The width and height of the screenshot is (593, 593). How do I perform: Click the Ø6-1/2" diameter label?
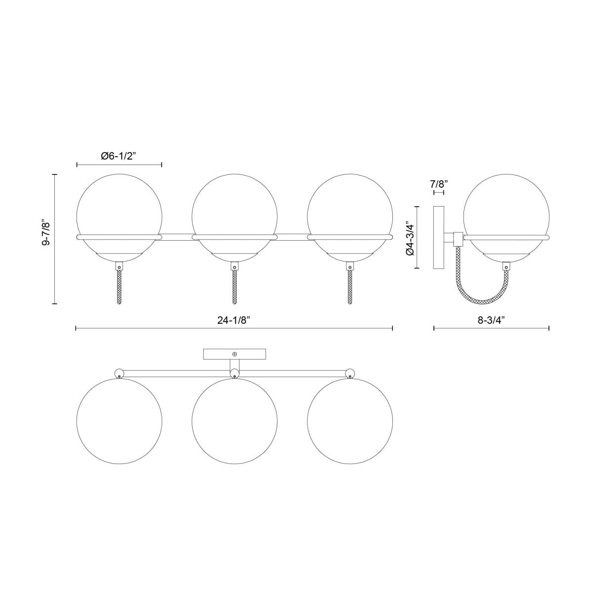pos(119,156)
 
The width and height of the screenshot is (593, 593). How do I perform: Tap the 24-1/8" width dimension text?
pos(234,320)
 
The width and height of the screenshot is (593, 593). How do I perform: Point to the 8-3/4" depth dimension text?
pos(491,320)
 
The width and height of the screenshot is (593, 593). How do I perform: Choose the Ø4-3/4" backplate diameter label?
pos(409,238)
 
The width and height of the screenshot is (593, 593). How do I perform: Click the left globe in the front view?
pos(119,208)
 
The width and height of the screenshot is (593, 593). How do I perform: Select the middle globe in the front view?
pos(234,208)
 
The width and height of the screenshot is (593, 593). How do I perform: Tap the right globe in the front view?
pos(350,208)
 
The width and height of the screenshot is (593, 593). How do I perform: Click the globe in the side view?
pos(506,208)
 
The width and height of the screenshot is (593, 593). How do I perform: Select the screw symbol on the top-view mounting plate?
pos(235,354)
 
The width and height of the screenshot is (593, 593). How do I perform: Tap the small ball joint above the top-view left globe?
pos(119,374)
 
